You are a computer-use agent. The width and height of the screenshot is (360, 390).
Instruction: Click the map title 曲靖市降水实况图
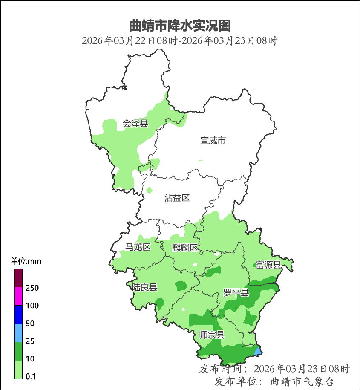click(x=180, y=26)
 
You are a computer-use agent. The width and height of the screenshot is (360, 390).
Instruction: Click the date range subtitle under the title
click(x=180, y=41)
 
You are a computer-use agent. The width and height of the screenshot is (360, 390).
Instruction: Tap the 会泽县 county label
click(x=135, y=124)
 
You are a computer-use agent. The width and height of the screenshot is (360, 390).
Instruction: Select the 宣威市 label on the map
click(x=213, y=140)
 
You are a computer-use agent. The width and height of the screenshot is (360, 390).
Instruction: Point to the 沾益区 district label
click(x=177, y=198)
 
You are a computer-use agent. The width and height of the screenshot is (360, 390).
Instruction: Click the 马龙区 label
click(x=138, y=247)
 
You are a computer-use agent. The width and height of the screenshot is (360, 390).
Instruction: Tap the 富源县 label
click(x=268, y=265)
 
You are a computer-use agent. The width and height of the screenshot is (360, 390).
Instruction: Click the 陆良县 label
click(x=144, y=287)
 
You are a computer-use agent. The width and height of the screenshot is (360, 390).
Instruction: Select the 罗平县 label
click(x=236, y=293)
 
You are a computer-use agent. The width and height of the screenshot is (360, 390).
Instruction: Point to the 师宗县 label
click(x=212, y=335)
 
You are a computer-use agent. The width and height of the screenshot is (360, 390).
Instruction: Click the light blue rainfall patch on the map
click(x=257, y=351)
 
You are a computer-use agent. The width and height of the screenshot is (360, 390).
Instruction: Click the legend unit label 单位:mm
click(x=26, y=261)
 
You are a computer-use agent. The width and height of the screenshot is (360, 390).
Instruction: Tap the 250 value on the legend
click(x=32, y=288)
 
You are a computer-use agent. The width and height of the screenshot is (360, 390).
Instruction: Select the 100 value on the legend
click(x=32, y=306)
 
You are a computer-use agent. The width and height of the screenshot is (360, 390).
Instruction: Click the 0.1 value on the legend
click(x=30, y=376)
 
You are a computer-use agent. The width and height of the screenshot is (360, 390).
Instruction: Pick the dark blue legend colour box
click(x=18, y=315)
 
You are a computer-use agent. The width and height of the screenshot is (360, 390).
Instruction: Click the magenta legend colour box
click(x=18, y=297)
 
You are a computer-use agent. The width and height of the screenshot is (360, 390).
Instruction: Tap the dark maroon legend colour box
click(x=18, y=278)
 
